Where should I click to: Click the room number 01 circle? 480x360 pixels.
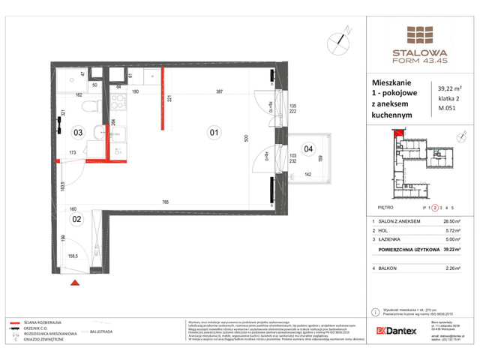[214, 133]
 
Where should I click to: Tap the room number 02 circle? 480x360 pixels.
[77, 219]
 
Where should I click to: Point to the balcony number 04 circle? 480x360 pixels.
[308, 148]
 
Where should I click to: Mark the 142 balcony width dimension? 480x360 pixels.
[307, 174]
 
